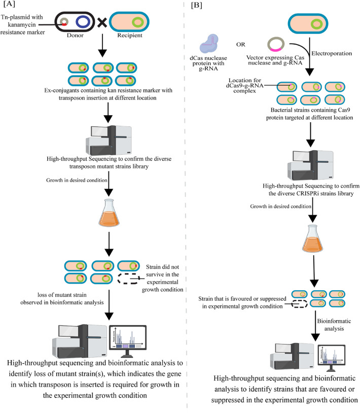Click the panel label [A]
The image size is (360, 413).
click(x=9, y=4)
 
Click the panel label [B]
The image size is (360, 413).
click(x=197, y=5)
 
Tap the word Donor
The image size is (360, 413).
click(x=75, y=36)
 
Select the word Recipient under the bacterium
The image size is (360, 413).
click(x=130, y=36)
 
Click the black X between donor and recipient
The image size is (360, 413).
click(x=102, y=23)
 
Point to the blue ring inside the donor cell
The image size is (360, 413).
click(x=83, y=22)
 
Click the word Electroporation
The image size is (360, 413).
click(x=332, y=53)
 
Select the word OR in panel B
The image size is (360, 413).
click(x=240, y=45)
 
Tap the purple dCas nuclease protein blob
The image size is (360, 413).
click(x=209, y=44)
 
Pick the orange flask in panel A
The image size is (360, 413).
click(x=109, y=213)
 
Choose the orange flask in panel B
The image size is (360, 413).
click(x=312, y=238)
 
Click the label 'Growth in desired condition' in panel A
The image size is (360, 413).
click(x=77, y=181)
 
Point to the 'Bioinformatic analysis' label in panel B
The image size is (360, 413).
click(x=334, y=325)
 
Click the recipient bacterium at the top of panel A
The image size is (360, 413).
click(x=129, y=22)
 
